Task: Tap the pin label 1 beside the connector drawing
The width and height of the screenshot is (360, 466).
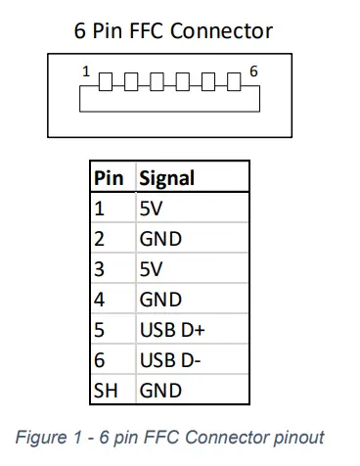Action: [x=86, y=71]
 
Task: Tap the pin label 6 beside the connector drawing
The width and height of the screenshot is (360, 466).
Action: [x=253, y=71]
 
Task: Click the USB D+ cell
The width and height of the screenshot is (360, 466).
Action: [x=167, y=330]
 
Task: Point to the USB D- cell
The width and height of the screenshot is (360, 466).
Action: [x=165, y=360]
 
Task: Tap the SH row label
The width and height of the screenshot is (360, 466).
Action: [x=105, y=391]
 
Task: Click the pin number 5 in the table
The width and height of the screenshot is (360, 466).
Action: [x=98, y=330]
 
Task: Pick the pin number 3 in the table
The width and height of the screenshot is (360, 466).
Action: [x=98, y=269]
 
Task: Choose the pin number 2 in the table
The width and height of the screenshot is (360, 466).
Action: [x=98, y=239]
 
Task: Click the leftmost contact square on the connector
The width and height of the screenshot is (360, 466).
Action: [x=105, y=79]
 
